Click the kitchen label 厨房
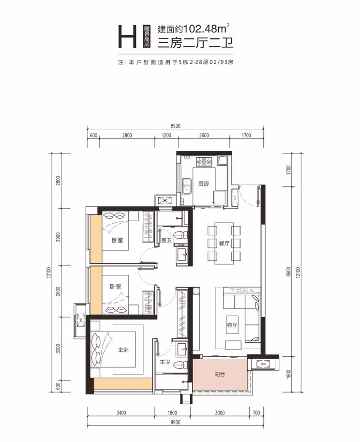point(203,183)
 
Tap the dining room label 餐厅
point(224,243)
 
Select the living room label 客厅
point(232,325)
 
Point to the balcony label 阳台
point(220,374)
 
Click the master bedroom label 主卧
point(123,350)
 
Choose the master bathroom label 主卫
point(165,362)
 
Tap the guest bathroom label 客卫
point(166,240)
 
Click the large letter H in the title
point(127,36)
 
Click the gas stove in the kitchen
point(204,162)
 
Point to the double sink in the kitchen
point(186,186)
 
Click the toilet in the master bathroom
point(180,366)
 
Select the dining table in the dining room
point(224,243)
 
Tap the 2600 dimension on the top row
point(204,135)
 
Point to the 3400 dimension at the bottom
point(121,412)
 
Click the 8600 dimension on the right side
point(288,272)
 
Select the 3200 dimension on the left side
point(59,349)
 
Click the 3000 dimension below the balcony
point(220,412)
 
